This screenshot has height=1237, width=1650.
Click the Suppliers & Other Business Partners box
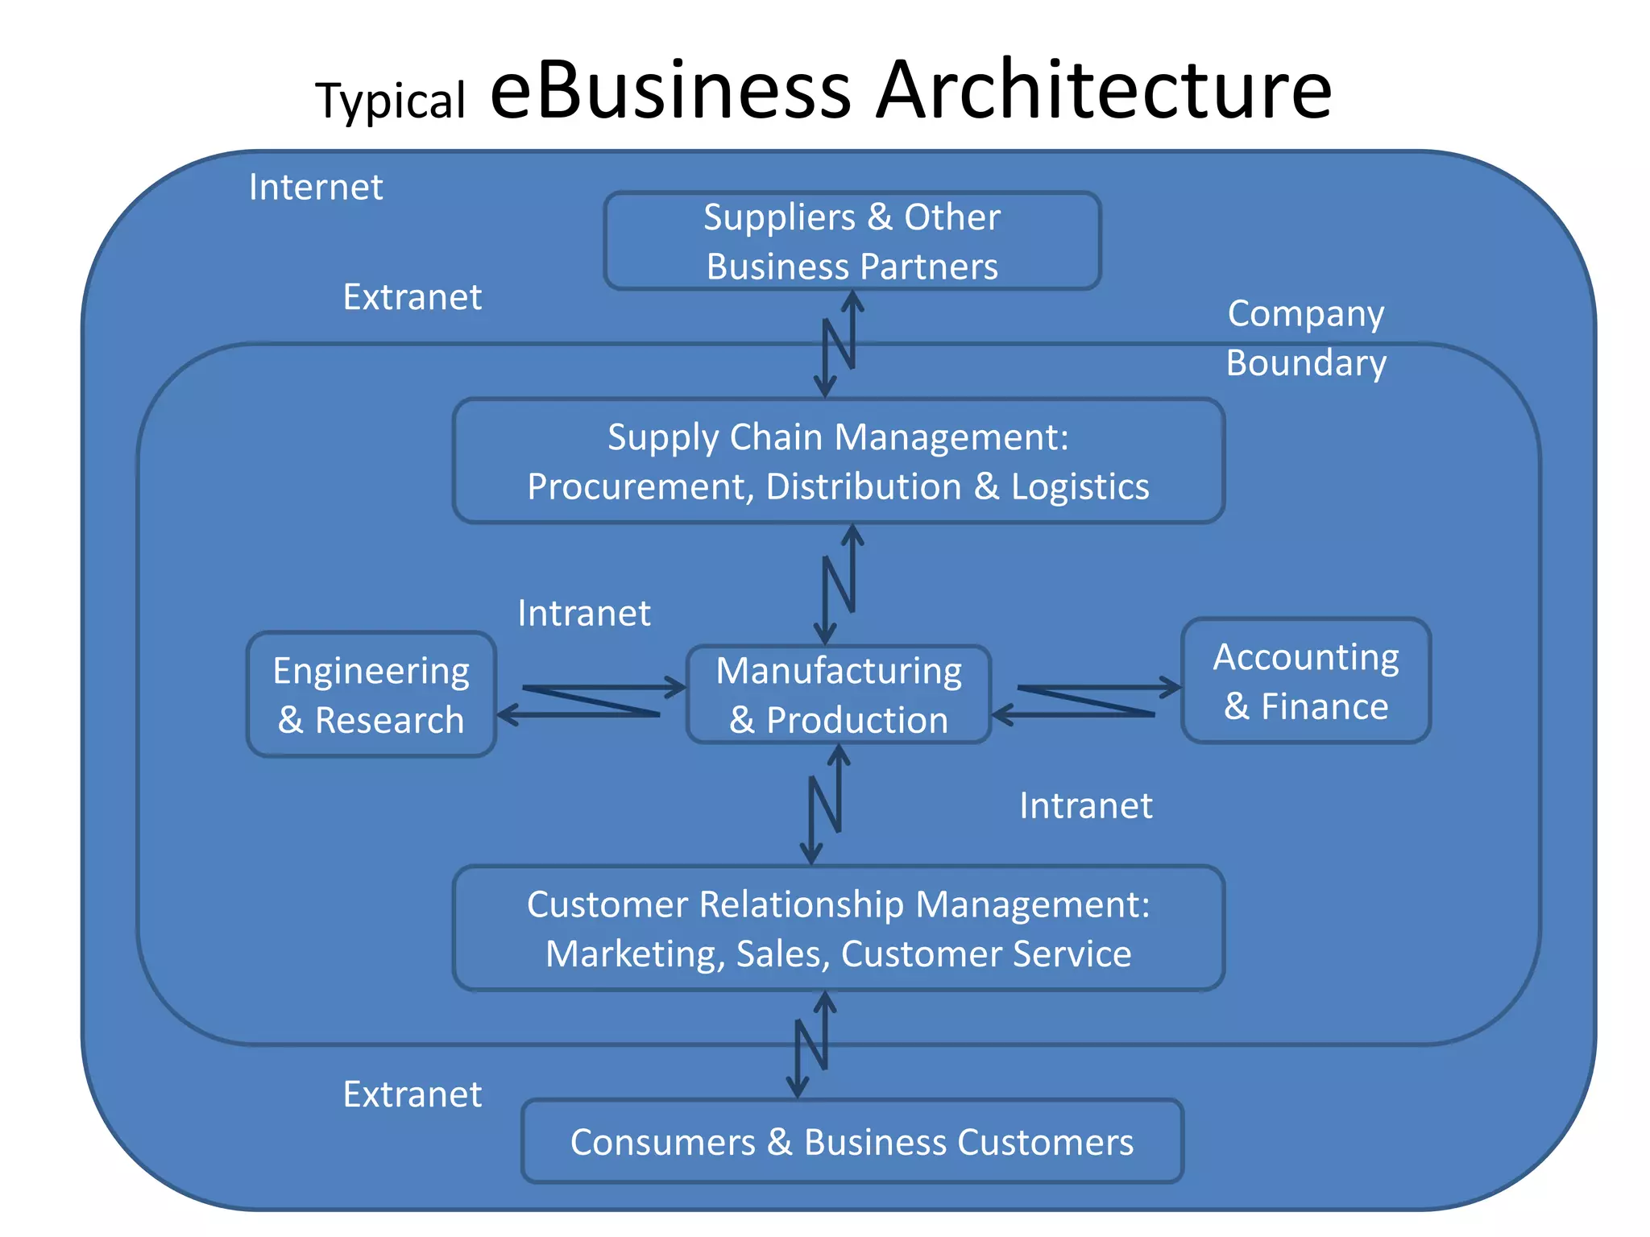(x=852, y=241)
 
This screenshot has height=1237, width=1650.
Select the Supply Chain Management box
(x=838, y=461)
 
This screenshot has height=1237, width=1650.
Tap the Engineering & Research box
(x=371, y=694)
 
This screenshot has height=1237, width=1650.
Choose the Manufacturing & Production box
(x=838, y=694)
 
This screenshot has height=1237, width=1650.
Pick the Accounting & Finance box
(x=1305, y=681)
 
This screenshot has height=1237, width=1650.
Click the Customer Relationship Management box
(x=838, y=928)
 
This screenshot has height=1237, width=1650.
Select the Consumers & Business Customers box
(x=852, y=1141)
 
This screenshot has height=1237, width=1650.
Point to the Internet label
(x=316, y=187)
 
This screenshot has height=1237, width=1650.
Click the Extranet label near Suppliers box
(x=412, y=296)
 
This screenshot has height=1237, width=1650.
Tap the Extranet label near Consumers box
(x=412, y=1094)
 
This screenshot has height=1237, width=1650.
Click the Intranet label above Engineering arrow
(x=584, y=613)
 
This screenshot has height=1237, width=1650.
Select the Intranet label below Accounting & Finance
(x=1086, y=805)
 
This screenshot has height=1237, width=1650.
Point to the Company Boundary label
(x=1306, y=337)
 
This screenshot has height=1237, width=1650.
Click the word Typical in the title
(x=391, y=101)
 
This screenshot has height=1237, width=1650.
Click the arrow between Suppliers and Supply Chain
(x=839, y=344)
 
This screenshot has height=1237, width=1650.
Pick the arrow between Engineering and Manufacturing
(x=591, y=701)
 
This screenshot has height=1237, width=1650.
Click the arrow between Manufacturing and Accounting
(x=1086, y=701)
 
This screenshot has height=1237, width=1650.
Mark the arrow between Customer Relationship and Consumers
(x=811, y=1045)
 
